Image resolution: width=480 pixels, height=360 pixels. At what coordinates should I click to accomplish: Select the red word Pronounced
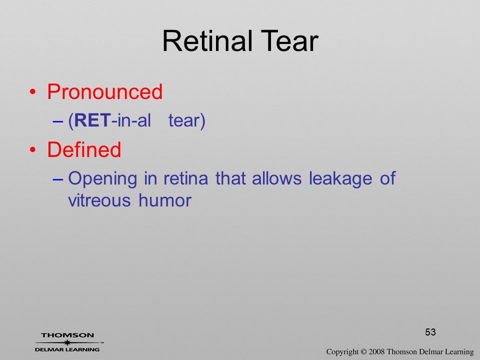(x=104, y=91)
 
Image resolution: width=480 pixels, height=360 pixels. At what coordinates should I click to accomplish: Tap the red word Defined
(x=84, y=149)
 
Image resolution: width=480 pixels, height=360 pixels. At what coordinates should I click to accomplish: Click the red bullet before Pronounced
(x=33, y=92)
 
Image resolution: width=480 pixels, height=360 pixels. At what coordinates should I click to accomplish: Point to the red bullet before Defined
(x=33, y=149)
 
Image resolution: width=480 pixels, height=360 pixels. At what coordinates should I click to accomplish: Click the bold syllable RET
(x=92, y=120)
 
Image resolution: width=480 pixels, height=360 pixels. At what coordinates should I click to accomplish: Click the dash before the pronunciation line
(x=58, y=121)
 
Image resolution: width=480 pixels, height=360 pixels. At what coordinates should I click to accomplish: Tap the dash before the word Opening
(x=58, y=179)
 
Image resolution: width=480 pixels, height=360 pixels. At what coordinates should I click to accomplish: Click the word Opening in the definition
(x=102, y=179)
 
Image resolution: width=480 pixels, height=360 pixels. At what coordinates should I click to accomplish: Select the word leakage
(x=340, y=179)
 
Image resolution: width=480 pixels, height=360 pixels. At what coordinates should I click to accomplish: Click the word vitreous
(x=99, y=200)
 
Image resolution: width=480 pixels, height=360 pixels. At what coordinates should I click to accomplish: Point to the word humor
(x=165, y=200)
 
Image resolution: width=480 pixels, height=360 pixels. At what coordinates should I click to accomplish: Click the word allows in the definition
(x=276, y=178)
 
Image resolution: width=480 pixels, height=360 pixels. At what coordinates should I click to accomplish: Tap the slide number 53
(x=430, y=332)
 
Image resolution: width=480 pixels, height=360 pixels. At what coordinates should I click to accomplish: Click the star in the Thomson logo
(x=67, y=342)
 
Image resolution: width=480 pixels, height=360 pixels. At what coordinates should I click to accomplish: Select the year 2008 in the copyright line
(x=376, y=351)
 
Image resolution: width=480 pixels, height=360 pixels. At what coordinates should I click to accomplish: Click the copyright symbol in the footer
(x=363, y=352)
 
